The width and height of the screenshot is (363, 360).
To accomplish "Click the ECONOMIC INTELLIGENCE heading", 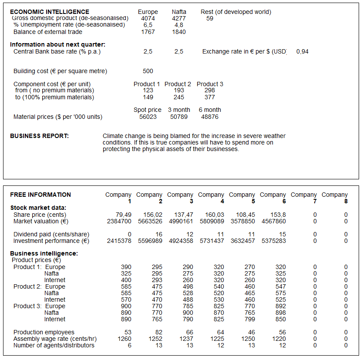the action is coord(50,12).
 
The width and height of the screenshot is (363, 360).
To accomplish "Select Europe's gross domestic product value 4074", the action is coord(148,19).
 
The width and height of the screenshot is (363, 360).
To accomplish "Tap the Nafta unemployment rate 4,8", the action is coord(179,25).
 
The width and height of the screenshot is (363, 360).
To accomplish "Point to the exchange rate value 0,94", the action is coord(302,51).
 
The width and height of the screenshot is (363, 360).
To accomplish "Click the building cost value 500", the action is coord(148,71).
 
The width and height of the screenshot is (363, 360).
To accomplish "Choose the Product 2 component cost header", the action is coord(178,84).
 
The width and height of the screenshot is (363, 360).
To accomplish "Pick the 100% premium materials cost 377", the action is coord(209,97).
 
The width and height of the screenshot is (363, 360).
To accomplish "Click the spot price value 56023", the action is coord(148,117).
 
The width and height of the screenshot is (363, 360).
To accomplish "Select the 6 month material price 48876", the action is coord(209,117).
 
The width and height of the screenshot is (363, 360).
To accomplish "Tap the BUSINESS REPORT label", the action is coord(39,136).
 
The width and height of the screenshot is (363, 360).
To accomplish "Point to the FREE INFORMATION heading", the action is coord(40,195).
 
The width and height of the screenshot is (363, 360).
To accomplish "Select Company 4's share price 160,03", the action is coord(215,215).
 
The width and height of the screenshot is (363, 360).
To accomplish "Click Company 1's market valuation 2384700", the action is coord(119,221).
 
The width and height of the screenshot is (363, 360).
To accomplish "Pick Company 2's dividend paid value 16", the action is coord(159,234).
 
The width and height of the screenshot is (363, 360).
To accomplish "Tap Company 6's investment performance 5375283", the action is coord(274,241).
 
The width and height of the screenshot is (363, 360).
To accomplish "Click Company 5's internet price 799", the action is coord(250,319).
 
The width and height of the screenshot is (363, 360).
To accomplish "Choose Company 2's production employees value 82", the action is coord(159,332).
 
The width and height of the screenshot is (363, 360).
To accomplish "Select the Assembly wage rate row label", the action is coord(55,339).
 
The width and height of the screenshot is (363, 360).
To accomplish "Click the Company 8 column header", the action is coord(335,198).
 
